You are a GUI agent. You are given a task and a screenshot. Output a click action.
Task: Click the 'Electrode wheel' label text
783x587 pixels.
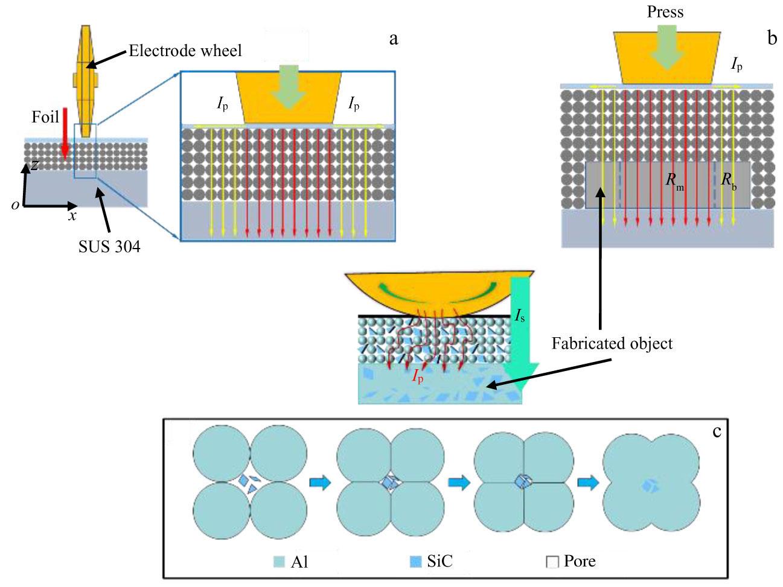tap(185, 50)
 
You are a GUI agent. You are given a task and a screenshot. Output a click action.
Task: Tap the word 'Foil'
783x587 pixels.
tap(46, 116)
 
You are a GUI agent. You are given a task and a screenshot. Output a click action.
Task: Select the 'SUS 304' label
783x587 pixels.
tap(109, 246)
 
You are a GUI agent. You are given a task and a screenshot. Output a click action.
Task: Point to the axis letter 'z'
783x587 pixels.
tap(36, 164)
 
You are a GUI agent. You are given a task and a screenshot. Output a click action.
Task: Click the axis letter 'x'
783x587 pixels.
tap(72, 215)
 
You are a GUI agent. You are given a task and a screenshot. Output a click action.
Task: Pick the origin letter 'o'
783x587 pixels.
tap(14, 205)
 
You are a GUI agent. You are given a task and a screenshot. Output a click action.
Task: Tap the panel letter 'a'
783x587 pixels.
tap(394, 39)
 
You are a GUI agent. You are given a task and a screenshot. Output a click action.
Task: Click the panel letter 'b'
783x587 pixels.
tap(772, 39)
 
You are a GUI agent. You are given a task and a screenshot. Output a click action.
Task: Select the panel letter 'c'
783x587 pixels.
tap(717, 431)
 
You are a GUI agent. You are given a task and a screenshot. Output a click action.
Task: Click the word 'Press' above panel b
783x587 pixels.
tap(665, 12)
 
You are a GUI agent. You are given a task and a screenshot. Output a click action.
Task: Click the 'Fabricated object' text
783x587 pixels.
tap(612, 343)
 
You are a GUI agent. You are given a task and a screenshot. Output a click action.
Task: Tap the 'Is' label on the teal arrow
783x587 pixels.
tap(520, 314)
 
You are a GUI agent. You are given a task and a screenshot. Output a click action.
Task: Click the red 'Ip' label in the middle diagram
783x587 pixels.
tap(417, 376)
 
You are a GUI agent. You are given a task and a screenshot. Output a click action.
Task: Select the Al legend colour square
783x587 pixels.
tap(279, 562)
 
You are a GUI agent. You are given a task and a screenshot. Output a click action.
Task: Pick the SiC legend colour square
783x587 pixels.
tap(415, 562)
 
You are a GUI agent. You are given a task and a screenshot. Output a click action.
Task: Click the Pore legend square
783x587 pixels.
tap(552, 562)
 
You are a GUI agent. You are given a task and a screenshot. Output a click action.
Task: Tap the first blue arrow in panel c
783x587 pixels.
tap(321, 483)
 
